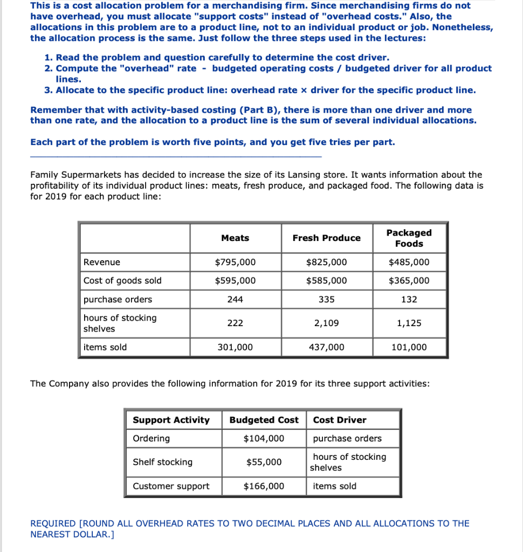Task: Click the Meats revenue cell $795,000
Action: [x=235, y=263]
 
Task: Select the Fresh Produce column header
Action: [x=326, y=238]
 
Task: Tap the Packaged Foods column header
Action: [x=409, y=238]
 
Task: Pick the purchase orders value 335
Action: [x=326, y=299]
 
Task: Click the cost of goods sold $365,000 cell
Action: [x=409, y=281]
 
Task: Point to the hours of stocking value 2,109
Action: [x=326, y=323]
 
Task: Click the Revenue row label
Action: [x=102, y=263]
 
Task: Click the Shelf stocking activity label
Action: [x=162, y=463]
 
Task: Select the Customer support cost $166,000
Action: [x=264, y=486]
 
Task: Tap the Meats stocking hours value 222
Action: [x=235, y=323]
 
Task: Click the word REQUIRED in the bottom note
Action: [x=53, y=523]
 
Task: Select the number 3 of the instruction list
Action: [x=47, y=90]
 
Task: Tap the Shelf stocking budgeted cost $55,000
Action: [x=264, y=463]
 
